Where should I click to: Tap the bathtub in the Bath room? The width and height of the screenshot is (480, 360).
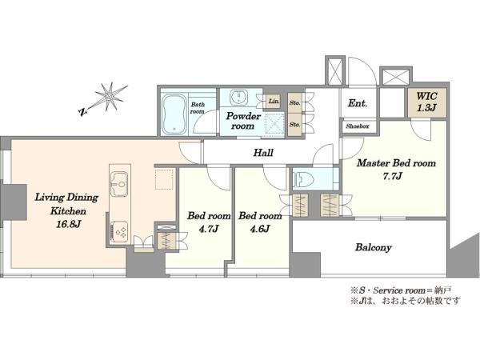(174, 114)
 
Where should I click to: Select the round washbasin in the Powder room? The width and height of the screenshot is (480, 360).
(239, 98)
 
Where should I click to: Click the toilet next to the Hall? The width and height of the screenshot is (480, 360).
(304, 179)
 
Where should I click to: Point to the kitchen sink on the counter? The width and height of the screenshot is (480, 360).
(119, 184)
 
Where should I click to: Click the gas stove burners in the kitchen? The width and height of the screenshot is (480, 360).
(119, 231)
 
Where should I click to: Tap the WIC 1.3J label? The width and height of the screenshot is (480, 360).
(426, 102)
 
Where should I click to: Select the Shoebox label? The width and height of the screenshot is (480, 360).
(358, 126)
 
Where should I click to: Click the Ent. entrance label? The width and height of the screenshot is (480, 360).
(358, 103)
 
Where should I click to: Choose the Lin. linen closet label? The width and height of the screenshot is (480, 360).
(274, 101)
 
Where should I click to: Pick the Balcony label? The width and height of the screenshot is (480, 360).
(373, 247)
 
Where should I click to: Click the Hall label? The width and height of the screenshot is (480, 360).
(263, 153)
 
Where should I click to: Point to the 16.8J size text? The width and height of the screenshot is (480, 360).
(68, 224)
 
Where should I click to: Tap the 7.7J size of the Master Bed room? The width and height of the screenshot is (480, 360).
(393, 176)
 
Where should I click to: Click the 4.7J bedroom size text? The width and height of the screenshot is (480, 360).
(208, 229)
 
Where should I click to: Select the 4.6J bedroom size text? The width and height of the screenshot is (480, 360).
(259, 229)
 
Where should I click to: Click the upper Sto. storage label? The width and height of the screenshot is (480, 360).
(294, 103)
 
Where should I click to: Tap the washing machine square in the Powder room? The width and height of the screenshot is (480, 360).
(274, 124)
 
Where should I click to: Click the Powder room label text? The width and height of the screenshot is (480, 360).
(243, 121)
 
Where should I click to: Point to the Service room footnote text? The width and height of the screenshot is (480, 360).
(401, 290)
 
